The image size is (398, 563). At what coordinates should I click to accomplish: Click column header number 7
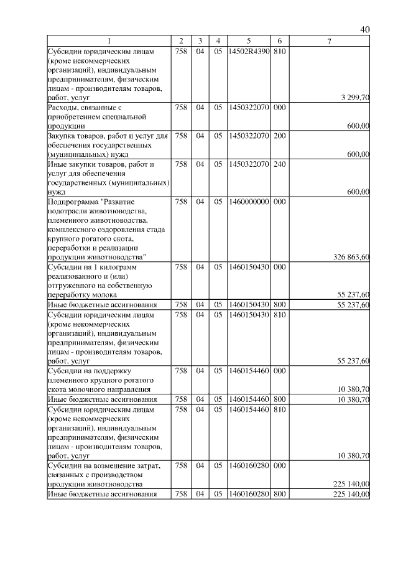(x=330, y=41)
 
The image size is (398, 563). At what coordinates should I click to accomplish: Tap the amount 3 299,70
(x=356, y=98)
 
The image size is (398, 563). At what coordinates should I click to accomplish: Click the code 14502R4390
(x=248, y=51)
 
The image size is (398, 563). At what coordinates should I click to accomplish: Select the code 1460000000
(x=248, y=202)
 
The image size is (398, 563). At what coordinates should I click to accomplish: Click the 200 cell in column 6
(x=279, y=136)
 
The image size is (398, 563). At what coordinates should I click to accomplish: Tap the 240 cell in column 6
(x=279, y=164)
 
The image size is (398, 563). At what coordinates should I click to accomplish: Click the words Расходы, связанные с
(x=83, y=108)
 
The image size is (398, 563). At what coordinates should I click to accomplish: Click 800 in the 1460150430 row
(x=279, y=305)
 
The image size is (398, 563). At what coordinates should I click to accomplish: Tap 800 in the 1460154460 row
(x=279, y=399)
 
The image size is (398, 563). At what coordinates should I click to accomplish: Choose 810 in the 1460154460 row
(x=279, y=409)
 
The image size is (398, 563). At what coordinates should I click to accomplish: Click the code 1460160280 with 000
(x=248, y=466)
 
